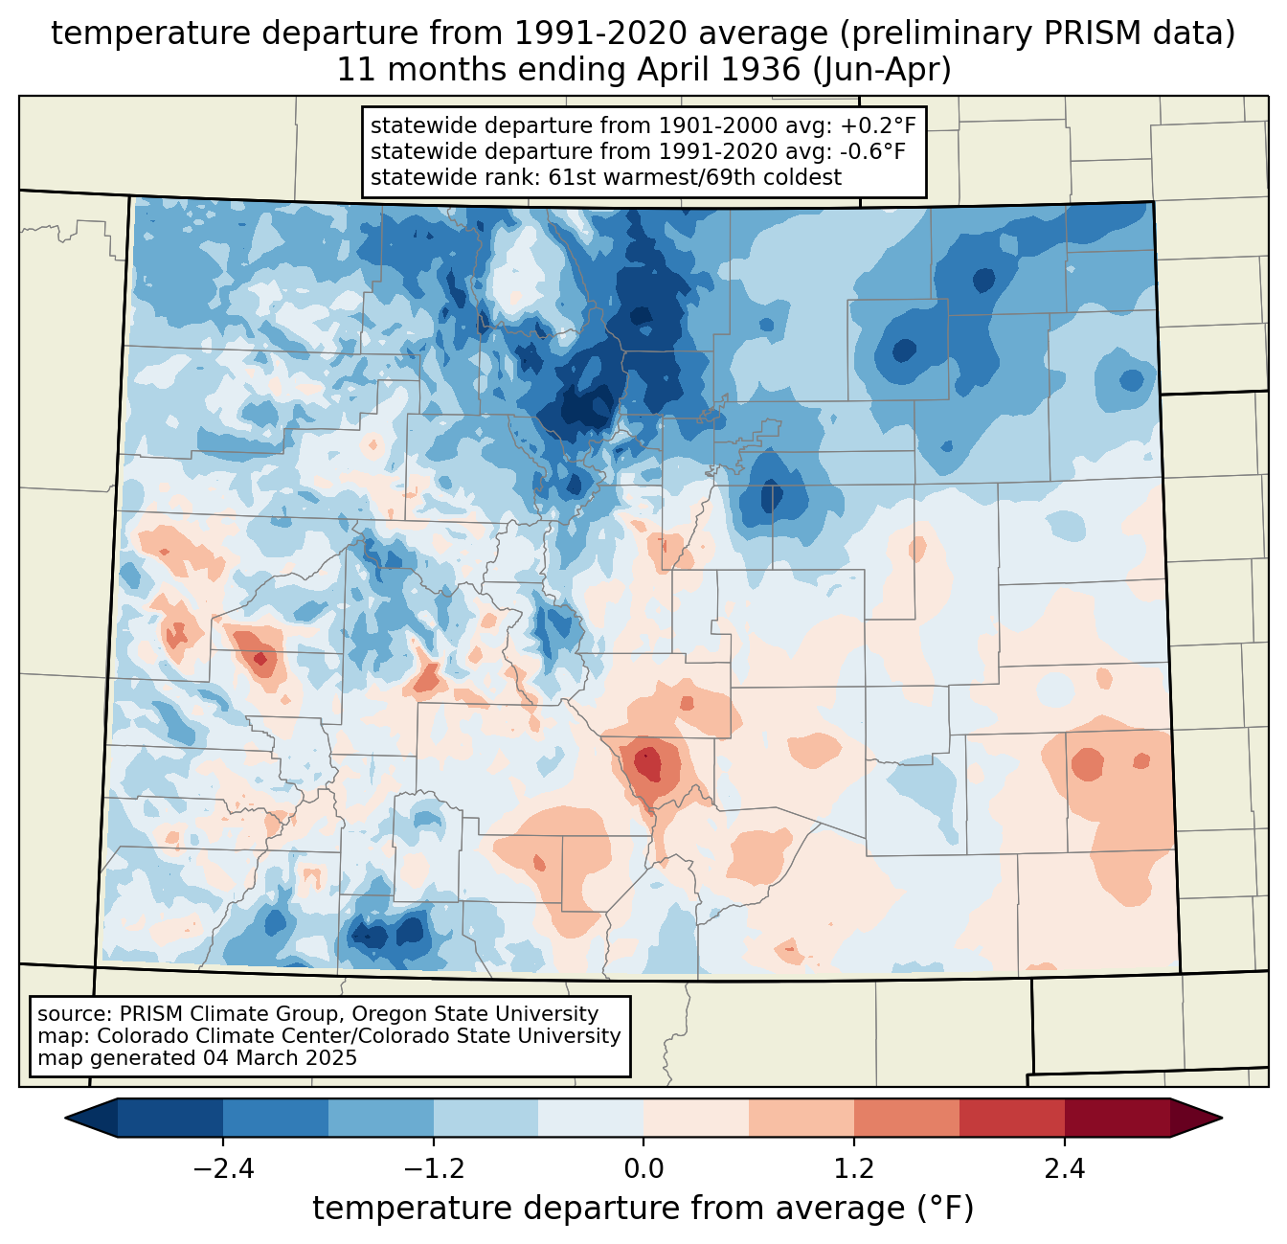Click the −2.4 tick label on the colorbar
click(223, 1169)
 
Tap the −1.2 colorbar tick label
click(434, 1169)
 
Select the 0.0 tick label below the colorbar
click(643, 1169)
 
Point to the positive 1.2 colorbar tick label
click(854, 1169)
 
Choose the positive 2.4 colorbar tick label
click(1065, 1169)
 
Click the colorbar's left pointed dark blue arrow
click(91, 1119)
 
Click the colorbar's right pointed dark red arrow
click(1196, 1119)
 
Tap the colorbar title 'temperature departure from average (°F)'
click(643, 1209)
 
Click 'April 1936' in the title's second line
click(718, 70)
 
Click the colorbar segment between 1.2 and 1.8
click(907, 1119)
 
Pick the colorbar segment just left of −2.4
click(170, 1119)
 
